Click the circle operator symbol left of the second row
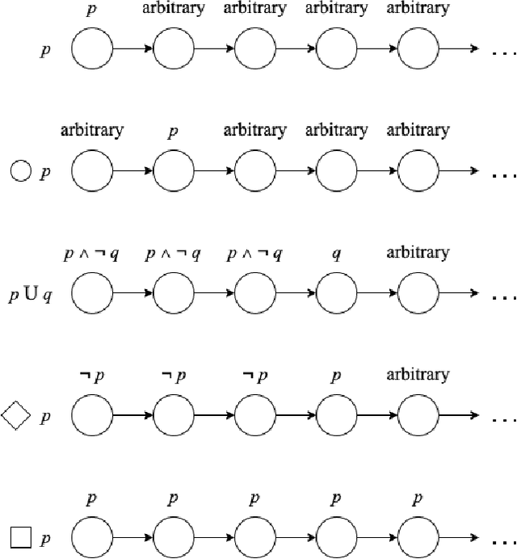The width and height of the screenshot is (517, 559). click(x=20, y=171)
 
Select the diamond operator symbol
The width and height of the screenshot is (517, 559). click(x=17, y=416)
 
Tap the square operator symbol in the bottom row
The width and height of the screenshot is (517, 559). click(x=20, y=536)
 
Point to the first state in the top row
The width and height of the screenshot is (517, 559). click(x=92, y=50)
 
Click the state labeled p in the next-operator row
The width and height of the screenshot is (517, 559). click(x=174, y=172)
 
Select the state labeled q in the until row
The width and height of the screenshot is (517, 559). click(x=337, y=295)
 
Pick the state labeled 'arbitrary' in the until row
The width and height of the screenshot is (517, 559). click(x=418, y=295)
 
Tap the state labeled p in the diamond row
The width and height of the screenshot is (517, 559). click(x=337, y=417)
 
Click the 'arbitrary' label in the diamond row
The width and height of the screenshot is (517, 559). click(x=418, y=375)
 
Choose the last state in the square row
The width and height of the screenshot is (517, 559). click(x=418, y=538)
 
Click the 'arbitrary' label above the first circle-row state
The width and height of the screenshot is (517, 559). click(x=92, y=130)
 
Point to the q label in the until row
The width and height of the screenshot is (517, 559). click(x=337, y=253)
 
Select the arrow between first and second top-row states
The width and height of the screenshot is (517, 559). click(x=133, y=50)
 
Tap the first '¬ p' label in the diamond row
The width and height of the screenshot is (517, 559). click(x=92, y=376)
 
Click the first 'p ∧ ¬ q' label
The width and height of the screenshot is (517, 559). click(x=92, y=254)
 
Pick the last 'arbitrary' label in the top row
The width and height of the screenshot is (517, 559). click(x=418, y=9)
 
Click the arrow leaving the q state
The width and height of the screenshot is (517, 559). click(x=378, y=295)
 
